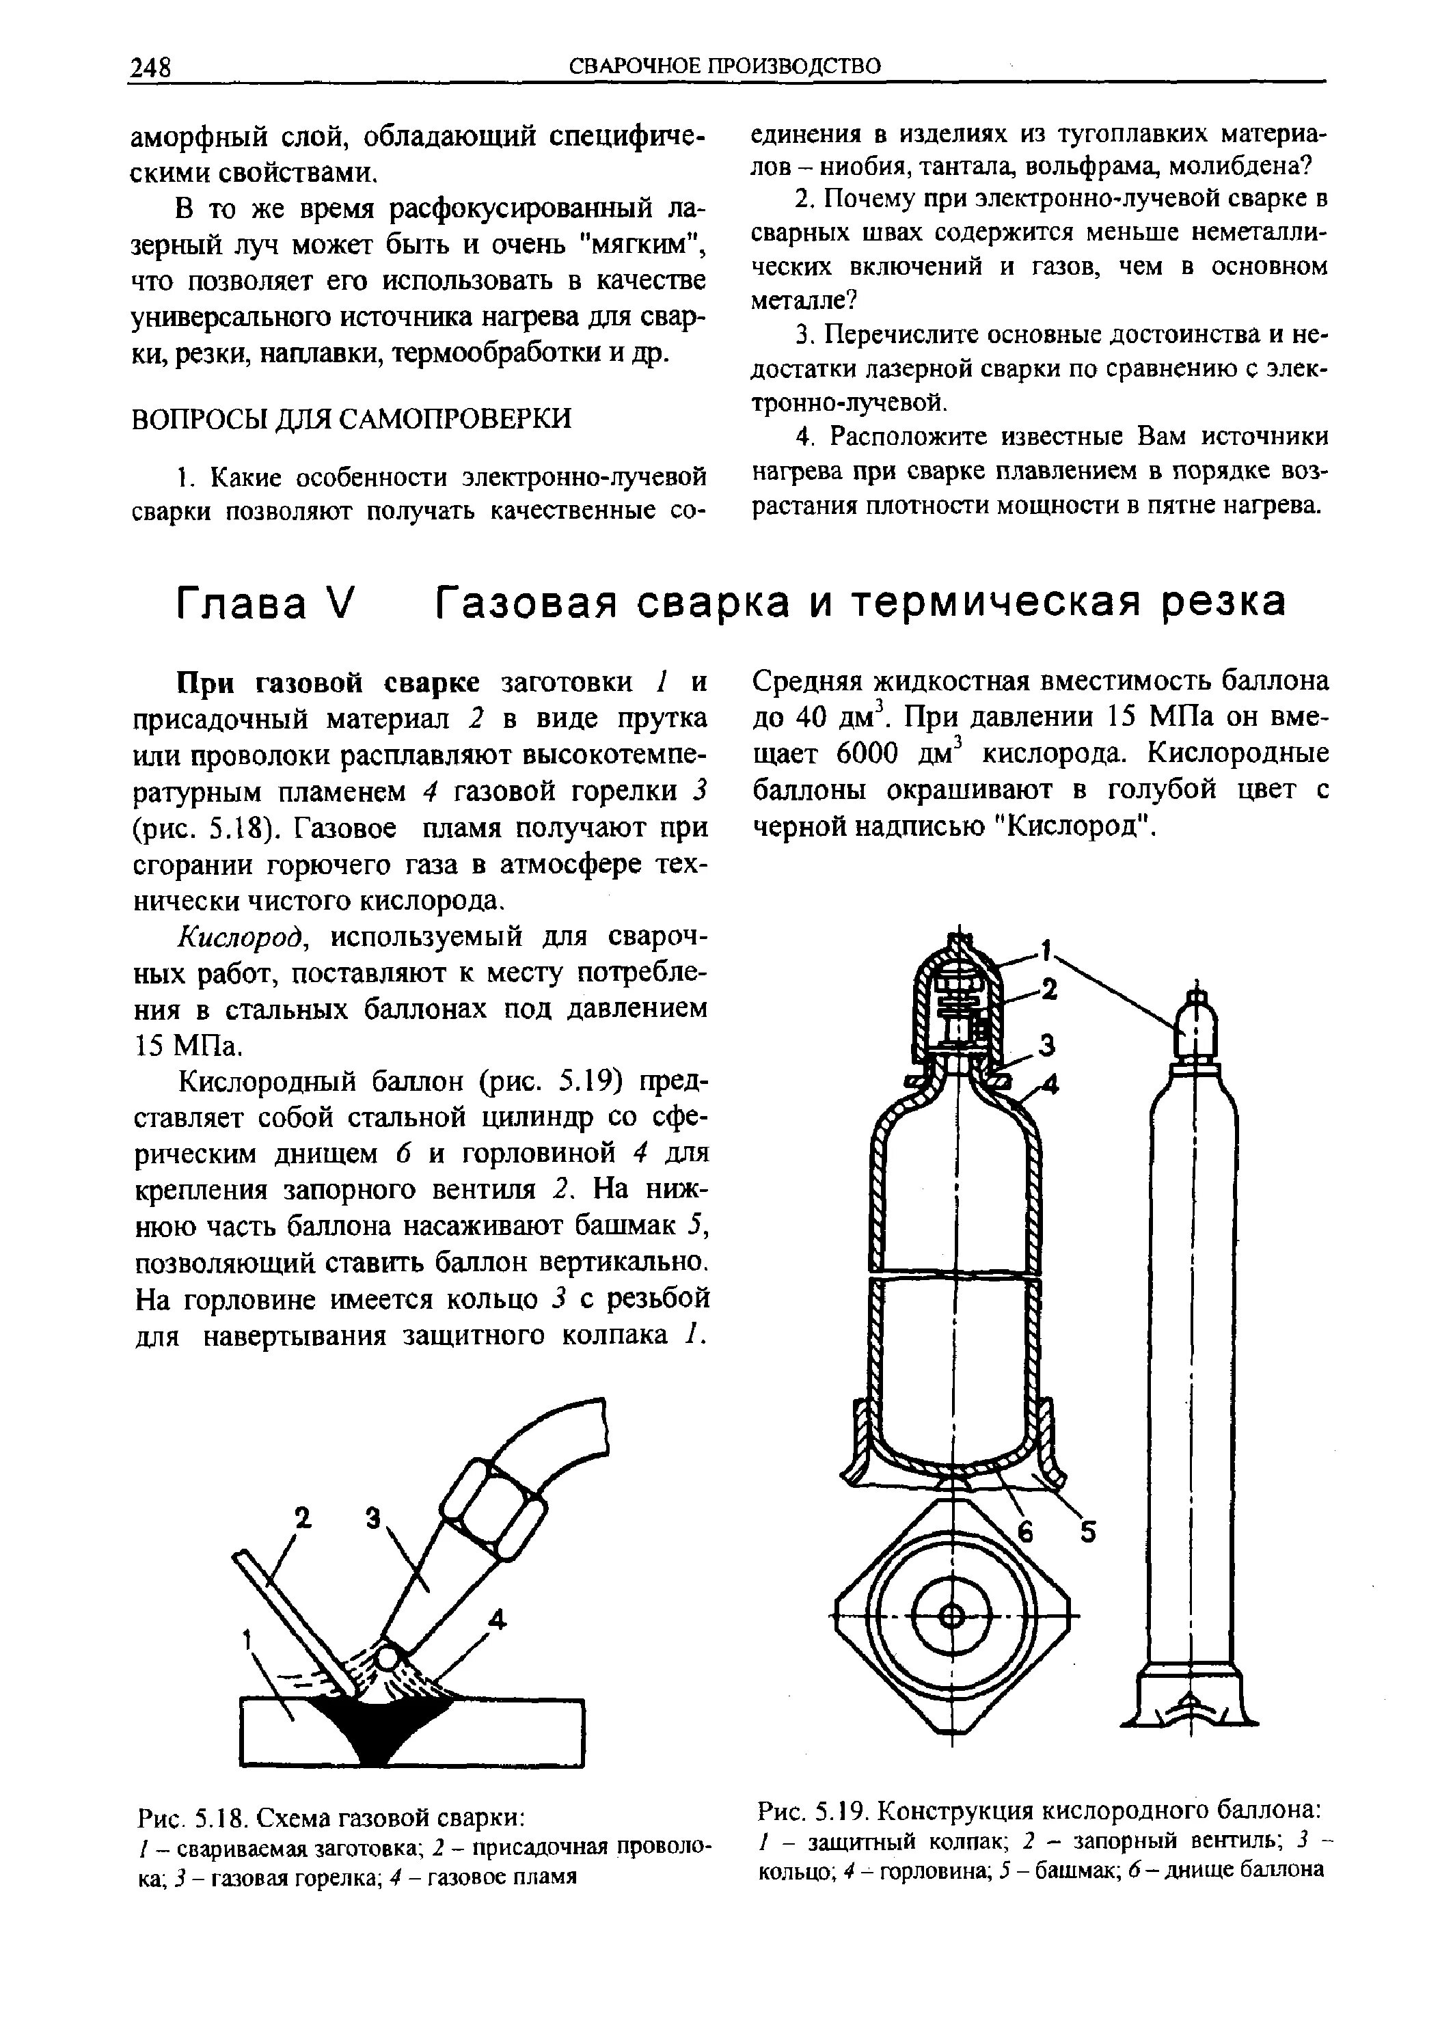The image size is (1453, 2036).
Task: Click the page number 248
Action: (x=150, y=68)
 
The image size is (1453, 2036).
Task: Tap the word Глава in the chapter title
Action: (x=240, y=602)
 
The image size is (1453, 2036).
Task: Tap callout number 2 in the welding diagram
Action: (x=303, y=1517)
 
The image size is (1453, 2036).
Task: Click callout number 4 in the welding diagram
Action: (x=497, y=1619)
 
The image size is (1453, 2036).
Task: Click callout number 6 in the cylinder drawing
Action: (x=1027, y=1533)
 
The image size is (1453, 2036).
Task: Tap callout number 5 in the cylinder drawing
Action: (x=1087, y=1532)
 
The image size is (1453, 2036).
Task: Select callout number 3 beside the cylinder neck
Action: (x=1048, y=1045)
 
